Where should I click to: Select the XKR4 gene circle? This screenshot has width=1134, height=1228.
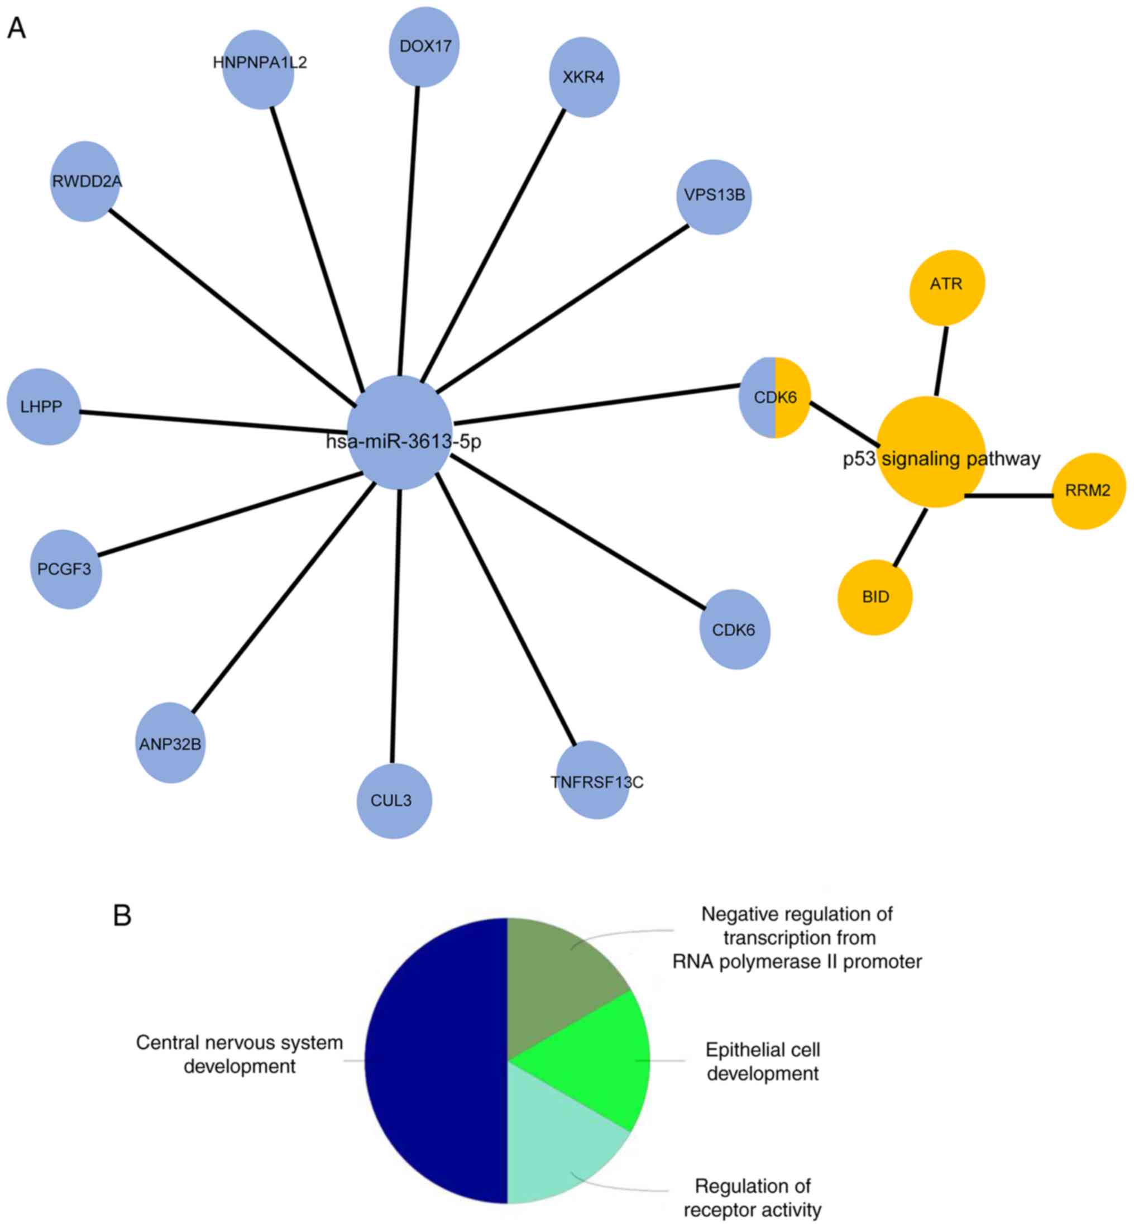coord(583,77)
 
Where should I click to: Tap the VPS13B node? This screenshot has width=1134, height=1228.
coord(714,197)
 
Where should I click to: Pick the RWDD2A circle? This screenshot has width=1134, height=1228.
coord(85,181)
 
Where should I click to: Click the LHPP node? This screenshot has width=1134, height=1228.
coord(43,407)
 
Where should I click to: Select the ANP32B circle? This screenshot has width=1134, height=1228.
coord(170,743)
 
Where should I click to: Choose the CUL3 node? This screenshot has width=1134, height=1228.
coord(393,800)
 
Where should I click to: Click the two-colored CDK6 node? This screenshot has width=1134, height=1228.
coord(774,398)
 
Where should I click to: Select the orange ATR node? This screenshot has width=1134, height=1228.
coord(946,286)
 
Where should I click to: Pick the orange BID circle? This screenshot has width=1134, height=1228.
coord(874,597)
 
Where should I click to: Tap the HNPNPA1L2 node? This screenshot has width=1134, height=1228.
coord(259,69)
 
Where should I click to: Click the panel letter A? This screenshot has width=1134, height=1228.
coord(17,28)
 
